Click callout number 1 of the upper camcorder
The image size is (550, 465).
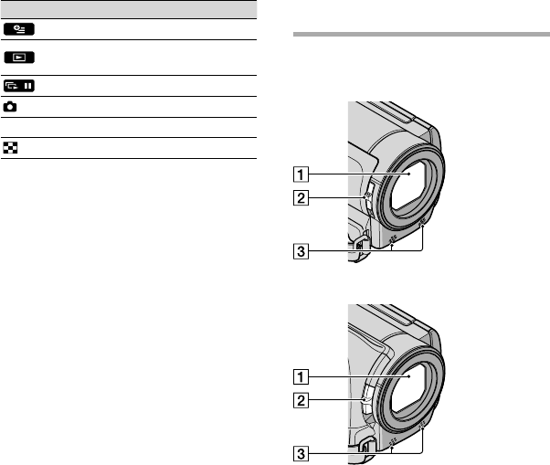pyautogui.click(x=301, y=174)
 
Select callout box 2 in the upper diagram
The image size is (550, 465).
pyautogui.click(x=301, y=197)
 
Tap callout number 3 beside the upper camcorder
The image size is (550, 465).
pyautogui.click(x=301, y=251)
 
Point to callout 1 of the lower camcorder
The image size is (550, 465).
pyautogui.click(x=301, y=377)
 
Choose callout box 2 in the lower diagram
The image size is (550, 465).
pyautogui.click(x=301, y=400)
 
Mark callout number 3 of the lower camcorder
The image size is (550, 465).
pyautogui.click(x=301, y=454)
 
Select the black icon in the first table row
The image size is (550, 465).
pyautogui.click(x=19, y=29)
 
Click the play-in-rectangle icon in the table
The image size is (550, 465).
pyautogui.click(x=19, y=58)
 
